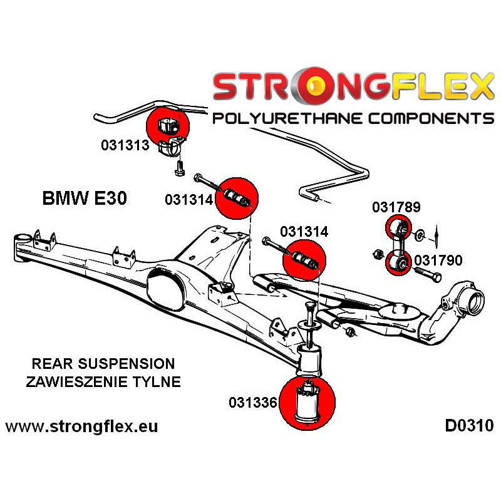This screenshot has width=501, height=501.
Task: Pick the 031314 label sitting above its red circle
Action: pos(304,231)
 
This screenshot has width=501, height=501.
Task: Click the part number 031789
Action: pos(396,207)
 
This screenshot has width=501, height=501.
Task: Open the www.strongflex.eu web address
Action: pos(81,427)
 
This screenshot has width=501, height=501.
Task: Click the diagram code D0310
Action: pos(469,426)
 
